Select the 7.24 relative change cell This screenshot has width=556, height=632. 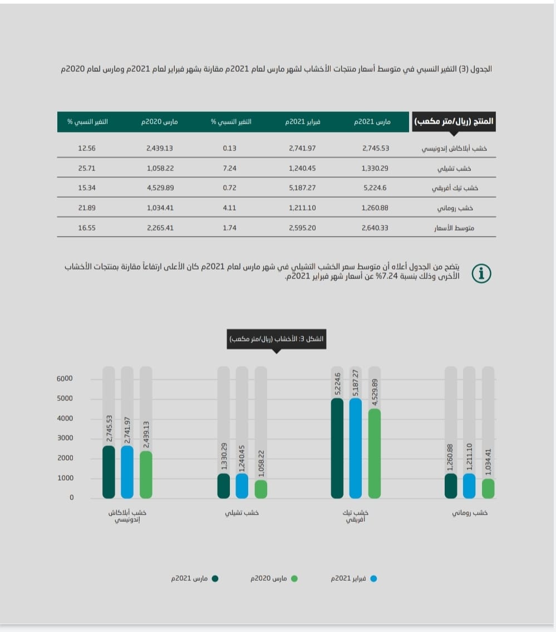[229, 168]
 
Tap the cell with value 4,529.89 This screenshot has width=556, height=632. [160, 188]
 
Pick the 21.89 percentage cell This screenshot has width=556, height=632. [87, 208]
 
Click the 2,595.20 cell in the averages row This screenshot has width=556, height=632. [303, 228]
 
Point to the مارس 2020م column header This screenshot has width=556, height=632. [162, 121]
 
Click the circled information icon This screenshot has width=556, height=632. [481, 273]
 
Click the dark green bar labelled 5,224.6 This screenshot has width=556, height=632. [337, 448]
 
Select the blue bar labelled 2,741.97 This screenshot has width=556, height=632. [127, 472]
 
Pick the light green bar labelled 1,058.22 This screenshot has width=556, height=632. [260, 489]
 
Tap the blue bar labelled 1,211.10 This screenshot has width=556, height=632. [469, 486]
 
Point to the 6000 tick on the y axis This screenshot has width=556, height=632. [65, 379]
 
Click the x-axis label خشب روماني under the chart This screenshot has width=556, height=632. [469, 513]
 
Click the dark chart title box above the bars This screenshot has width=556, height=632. [276, 339]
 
